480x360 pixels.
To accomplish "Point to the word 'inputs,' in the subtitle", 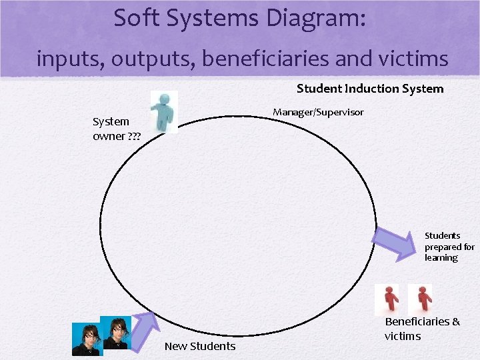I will click(71, 59).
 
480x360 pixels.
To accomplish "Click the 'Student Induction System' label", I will click(370, 89).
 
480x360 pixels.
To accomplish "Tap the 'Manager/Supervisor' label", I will click(318, 112).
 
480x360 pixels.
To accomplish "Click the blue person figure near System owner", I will click(163, 111).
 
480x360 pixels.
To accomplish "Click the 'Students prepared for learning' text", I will click(449, 247).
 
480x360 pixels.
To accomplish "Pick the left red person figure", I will click(387, 299).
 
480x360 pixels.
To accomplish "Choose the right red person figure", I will click(420, 299).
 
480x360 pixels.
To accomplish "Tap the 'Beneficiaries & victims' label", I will click(422, 329).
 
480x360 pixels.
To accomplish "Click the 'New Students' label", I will click(200, 346).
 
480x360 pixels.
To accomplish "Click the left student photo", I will click(87, 340).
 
